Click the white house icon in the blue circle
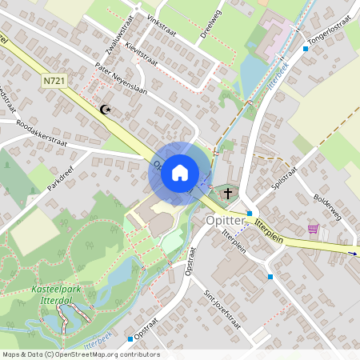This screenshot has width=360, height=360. [x=180, y=172]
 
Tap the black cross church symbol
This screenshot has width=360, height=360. [x=227, y=193]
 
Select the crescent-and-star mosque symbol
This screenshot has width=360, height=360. [x=104, y=109]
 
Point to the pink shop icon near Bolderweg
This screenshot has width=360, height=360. [x=313, y=229]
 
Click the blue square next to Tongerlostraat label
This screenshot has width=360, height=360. [x=305, y=48]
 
